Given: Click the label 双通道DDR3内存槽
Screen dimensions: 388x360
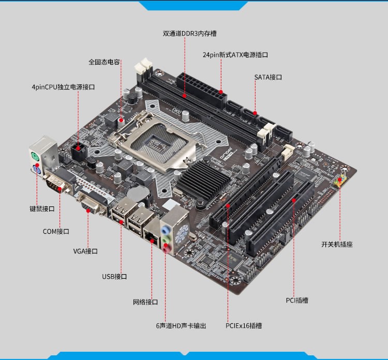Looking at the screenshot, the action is click(x=189, y=34).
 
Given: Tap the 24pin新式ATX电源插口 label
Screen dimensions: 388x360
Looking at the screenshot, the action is click(x=235, y=55).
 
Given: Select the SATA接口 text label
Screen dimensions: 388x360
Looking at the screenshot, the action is click(x=268, y=77).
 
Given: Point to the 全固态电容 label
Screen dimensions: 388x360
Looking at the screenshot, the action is click(x=104, y=62).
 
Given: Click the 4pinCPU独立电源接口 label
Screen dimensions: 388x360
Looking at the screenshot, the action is click(x=63, y=87).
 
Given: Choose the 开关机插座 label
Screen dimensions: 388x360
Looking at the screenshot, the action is click(x=337, y=245).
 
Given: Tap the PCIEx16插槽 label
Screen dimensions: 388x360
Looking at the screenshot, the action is click(x=244, y=326).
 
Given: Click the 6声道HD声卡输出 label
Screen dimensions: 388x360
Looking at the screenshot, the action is click(x=181, y=326).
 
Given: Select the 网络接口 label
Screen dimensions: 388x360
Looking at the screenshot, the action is click(x=145, y=302).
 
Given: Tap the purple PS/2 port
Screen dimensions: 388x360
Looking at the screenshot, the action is click(x=37, y=170).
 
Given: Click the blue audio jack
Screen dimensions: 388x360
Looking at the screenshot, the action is click(x=166, y=230).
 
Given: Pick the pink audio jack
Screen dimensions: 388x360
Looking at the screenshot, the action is click(x=167, y=248).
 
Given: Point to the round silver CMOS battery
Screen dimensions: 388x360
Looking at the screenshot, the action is click(x=138, y=194).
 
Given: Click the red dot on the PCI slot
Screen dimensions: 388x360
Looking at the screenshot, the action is click(x=294, y=200).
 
